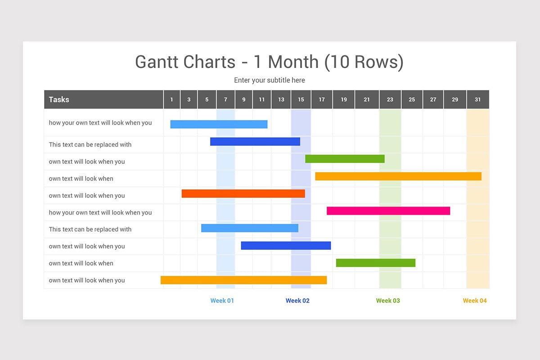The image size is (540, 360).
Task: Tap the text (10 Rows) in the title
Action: coord(364,62)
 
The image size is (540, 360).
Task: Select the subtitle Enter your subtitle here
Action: coord(269,80)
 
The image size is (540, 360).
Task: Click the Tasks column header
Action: coord(59,99)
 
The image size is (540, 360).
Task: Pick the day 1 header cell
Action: coord(172,99)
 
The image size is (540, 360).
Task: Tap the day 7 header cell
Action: coord(225,99)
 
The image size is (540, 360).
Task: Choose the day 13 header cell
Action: coord(281,99)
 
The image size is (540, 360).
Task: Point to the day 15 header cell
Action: coord(301,99)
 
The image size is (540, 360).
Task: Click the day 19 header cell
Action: coord(344,99)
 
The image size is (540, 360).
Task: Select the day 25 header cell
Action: coord(412,99)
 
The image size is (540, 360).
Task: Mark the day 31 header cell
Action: coord(477,99)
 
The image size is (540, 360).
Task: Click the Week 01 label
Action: coord(222,301)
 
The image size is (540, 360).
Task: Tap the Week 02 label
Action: coord(297,301)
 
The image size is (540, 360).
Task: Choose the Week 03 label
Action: coord(388,301)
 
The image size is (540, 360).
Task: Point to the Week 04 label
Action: coord(475,301)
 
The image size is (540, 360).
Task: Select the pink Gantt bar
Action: coord(388,211)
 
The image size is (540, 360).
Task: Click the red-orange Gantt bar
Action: coord(243,193)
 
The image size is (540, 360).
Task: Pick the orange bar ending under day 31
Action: coord(398,176)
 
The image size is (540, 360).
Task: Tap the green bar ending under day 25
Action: coord(376,263)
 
